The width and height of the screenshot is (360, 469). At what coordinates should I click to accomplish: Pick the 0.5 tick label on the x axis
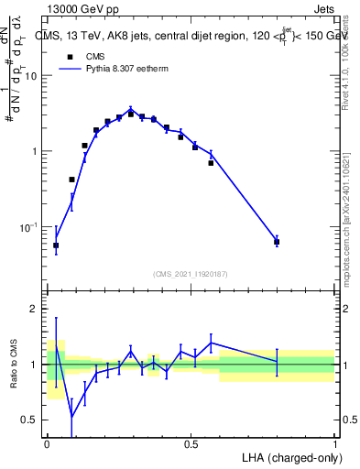tap(191, 444)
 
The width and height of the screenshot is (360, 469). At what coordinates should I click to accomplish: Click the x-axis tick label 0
tap(47, 444)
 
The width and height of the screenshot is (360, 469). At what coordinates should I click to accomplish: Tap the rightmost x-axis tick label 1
tap(334, 444)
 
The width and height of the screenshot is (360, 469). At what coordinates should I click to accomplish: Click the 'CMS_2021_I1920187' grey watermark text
tap(191, 274)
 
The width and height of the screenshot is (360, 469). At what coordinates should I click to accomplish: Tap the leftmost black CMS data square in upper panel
tap(56, 245)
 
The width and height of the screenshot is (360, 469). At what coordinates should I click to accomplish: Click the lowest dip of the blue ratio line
tap(71, 417)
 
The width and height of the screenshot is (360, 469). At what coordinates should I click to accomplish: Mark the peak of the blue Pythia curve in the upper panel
tap(131, 109)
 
